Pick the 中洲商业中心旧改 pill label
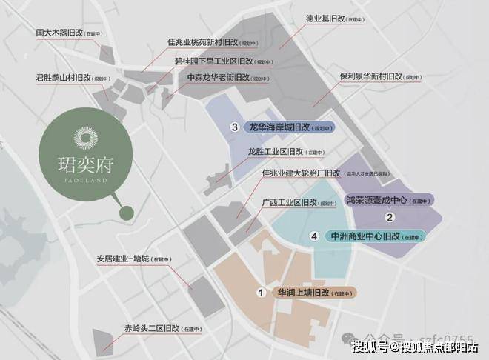(366, 236)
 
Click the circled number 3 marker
(234, 127)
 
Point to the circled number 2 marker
(389, 217)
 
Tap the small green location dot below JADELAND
(127, 213)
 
